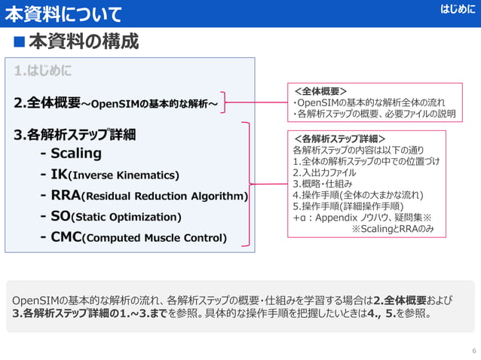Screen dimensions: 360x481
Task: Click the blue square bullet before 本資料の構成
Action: (x=17, y=41)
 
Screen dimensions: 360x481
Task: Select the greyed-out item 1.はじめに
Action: (x=43, y=71)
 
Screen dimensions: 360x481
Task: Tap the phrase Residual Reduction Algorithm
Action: (x=164, y=197)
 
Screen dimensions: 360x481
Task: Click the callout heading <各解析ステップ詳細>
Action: (x=339, y=139)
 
